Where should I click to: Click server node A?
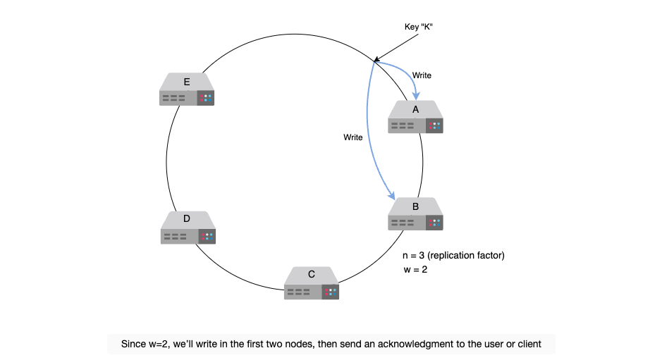point(415,117)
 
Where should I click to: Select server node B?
point(415,214)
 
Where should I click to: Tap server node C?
point(312,283)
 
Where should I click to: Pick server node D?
point(188,228)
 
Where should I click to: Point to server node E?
point(187,89)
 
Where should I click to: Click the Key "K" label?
point(418,27)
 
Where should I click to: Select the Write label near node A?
point(422,75)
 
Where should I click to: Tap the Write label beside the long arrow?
point(353,137)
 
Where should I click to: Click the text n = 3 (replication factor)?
point(453,255)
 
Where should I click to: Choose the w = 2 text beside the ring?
point(415,269)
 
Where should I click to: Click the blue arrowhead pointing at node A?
point(416,97)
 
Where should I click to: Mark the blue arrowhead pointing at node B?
point(392,195)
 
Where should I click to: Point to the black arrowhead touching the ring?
point(376,59)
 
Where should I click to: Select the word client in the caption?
point(529,344)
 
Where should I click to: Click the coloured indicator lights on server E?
point(206,98)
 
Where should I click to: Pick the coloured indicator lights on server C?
point(331,292)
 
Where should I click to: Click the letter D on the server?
point(187,218)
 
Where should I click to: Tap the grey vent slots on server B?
point(403,223)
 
